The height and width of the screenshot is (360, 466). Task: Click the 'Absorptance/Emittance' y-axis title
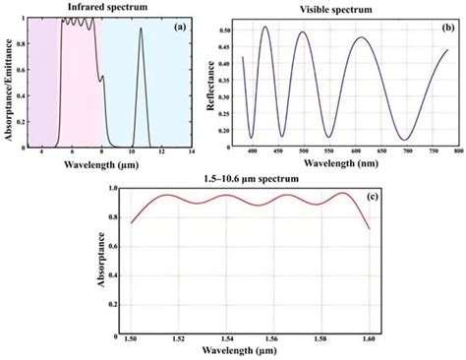point(8,84)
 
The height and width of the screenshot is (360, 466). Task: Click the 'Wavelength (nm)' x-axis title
point(334,163)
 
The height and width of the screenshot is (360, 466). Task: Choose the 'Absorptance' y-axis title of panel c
point(102,260)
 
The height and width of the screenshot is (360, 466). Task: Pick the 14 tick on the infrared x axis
point(191,151)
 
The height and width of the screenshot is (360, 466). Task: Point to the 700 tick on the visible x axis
point(404,151)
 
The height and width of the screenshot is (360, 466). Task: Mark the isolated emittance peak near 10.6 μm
point(141,30)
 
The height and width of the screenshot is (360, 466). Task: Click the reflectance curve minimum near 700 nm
point(404,140)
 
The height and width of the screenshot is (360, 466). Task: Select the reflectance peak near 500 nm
point(302,32)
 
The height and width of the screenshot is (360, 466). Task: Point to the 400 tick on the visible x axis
point(253,151)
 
